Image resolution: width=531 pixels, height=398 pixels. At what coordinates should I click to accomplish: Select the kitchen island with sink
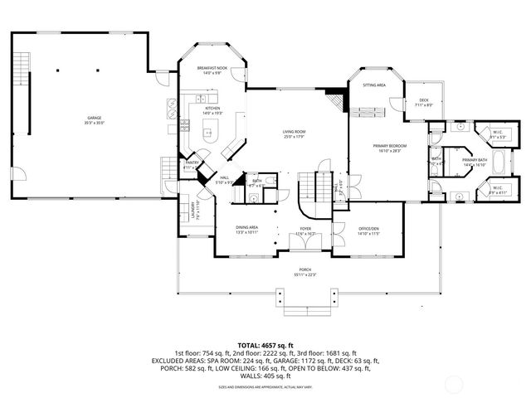pyautogui.click(x=208, y=129)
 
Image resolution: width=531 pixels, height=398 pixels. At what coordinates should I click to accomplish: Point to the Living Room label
pyautogui.click(x=295, y=133)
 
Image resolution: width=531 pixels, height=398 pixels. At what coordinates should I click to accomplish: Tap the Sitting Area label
pyautogui.click(x=373, y=85)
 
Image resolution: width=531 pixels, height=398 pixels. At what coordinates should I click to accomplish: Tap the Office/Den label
pyautogui.click(x=368, y=231)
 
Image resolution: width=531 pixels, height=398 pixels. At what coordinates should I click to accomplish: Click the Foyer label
pyautogui.click(x=306, y=231)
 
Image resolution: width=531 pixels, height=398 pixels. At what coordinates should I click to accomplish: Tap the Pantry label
pyautogui.click(x=190, y=165)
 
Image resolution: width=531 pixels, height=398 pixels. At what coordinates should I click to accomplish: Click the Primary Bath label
pyautogui.click(x=474, y=163)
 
